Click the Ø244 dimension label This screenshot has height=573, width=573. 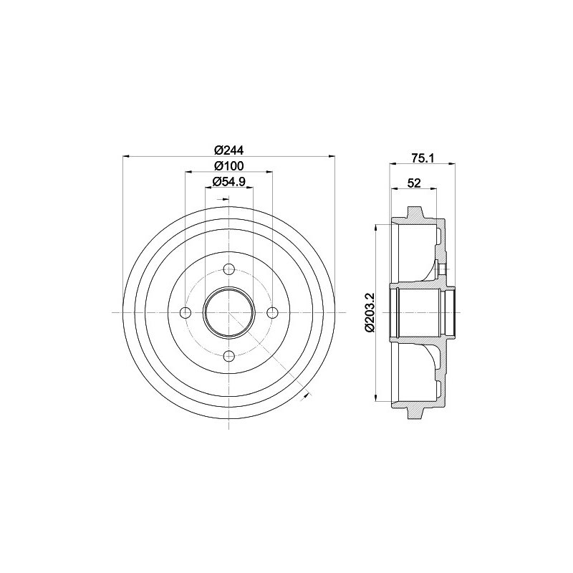(x=228, y=150)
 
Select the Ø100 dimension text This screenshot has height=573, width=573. (x=228, y=166)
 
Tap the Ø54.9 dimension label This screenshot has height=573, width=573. (x=228, y=182)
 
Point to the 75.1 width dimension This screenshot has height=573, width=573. (x=423, y=158)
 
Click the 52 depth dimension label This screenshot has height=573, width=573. (x=414, y=183)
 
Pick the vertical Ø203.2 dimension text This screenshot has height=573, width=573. (x=370, y=312)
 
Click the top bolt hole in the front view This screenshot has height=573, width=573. (x=228, y=269)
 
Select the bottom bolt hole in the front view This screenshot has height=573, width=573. (x=228, y=355)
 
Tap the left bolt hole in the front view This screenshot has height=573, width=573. (x=186, y=312)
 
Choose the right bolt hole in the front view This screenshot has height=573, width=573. (x=272, y=312)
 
